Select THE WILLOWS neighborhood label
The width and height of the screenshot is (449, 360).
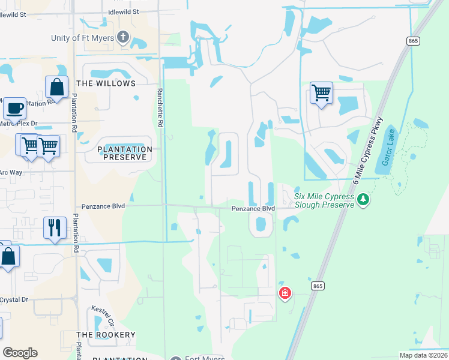[106, 83]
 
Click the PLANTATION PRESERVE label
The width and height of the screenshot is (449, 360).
[116, 153]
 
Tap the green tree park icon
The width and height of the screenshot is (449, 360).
[362, 199]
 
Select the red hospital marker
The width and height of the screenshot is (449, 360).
[285, 293]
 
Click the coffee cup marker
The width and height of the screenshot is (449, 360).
[14, 109]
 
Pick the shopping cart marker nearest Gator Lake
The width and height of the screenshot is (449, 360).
[321, 93]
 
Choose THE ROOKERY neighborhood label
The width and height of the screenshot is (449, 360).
[106, 334]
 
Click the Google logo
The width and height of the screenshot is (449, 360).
[20, 353]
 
